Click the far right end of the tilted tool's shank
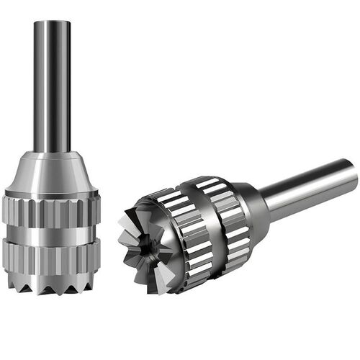[353, 173]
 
